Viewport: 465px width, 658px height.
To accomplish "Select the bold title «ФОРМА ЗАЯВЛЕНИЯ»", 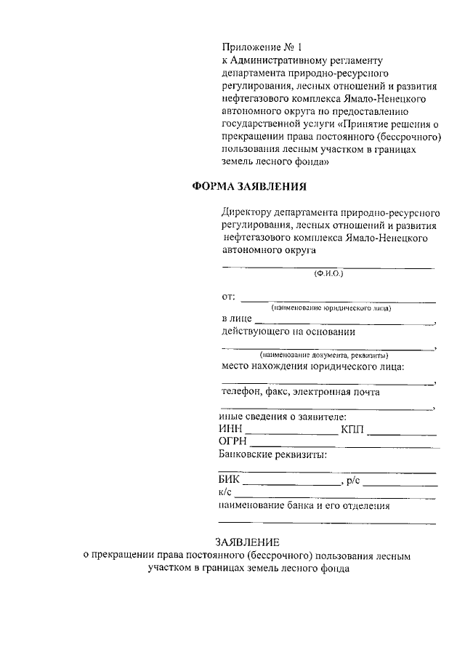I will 248,186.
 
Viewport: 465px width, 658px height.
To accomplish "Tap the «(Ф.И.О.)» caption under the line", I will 328,274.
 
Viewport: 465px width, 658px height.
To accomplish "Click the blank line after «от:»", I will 338,300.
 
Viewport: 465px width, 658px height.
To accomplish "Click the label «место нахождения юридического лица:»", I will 312,366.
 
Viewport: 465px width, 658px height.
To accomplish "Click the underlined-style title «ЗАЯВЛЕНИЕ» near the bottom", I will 246,542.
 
